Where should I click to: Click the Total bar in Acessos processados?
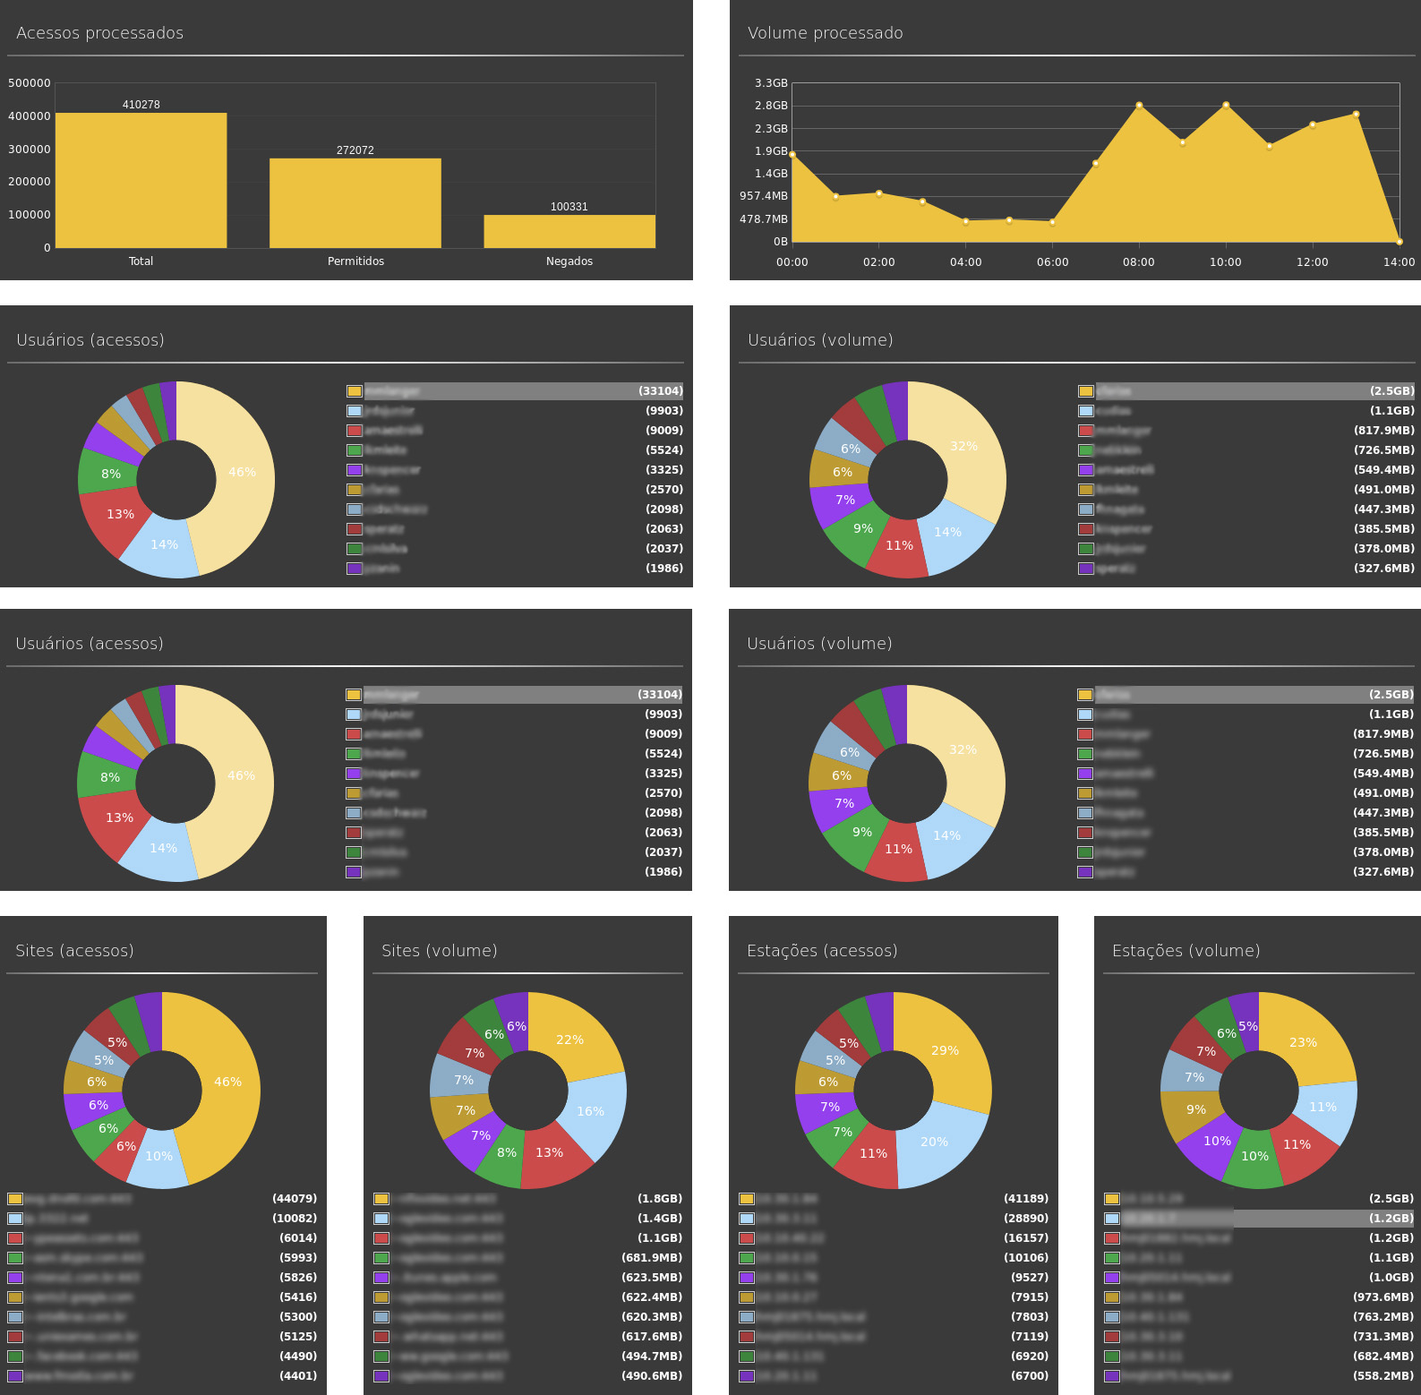[141, 180]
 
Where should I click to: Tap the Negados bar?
[569, 231]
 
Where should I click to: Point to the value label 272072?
[355, 150]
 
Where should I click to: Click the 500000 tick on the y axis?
[30, 83]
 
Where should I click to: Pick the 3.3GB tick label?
[771, 83]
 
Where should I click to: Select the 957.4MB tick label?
[764, 196]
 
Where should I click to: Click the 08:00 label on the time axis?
[1138, 262]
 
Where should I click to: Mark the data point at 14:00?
[1399, 241]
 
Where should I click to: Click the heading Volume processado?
[825, 33]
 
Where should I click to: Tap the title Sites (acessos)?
[74, 951]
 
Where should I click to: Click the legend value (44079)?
[295, 1199]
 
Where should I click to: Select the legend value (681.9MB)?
[652, 1258]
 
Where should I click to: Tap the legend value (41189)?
[1026, 1199]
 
